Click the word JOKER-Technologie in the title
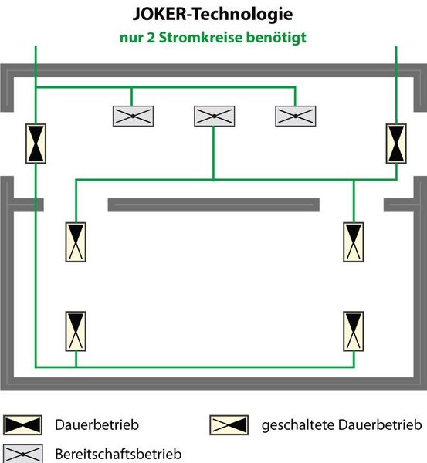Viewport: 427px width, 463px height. point(213,14)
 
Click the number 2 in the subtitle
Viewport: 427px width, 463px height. point(151,38)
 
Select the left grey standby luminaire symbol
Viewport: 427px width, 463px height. point(133,116)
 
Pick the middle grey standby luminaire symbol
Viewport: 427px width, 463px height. point(214,116)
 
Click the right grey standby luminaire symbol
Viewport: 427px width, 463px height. point(296,116)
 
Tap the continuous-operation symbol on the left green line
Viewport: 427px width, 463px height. point(36,144)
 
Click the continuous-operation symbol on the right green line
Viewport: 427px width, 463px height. point(396,144)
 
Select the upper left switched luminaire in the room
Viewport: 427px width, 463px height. point(76,242)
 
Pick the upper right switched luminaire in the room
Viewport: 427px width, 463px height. point(354,242)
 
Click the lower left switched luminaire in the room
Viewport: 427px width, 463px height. point(76,331)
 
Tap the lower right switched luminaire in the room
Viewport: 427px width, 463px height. point(354,331)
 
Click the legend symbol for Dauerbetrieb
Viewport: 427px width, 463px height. point(22,425)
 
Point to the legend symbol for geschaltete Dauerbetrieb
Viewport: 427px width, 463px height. point(229,425)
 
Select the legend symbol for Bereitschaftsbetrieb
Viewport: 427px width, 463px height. point(22,454)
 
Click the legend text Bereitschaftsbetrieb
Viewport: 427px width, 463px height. point(118,454)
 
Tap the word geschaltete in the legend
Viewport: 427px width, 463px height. point(298,425)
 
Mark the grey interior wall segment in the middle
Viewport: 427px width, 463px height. point(213,205)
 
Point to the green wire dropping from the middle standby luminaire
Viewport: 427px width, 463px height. point(213,153)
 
